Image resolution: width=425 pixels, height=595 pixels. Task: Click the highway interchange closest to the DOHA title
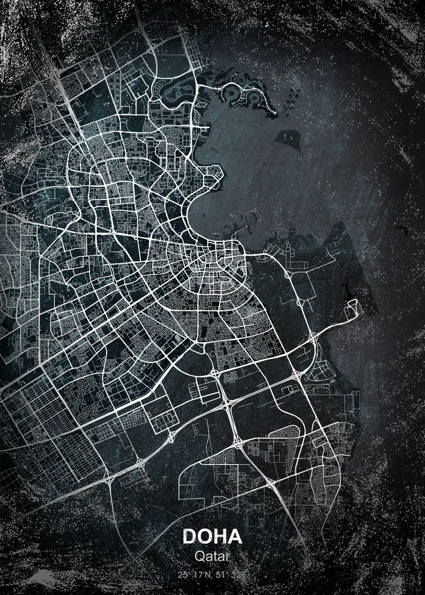click(271, 483)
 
